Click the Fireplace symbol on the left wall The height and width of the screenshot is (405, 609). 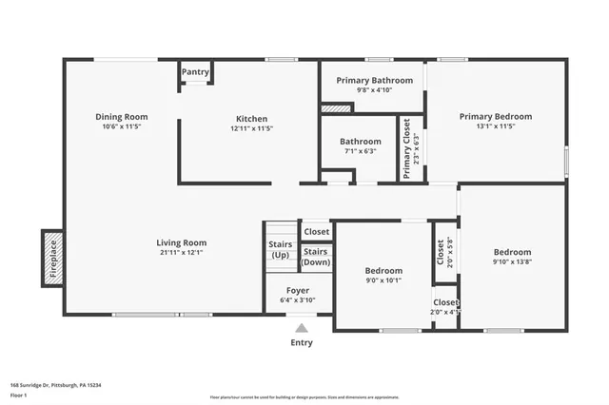52,258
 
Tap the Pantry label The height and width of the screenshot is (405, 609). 195,71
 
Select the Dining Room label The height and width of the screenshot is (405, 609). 121,117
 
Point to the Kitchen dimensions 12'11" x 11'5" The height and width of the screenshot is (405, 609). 251,128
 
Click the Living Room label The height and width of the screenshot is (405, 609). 181,242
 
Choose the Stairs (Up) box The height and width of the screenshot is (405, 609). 281,249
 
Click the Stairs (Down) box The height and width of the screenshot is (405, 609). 316,257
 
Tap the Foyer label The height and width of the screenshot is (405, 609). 298,290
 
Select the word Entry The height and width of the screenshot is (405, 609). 302,342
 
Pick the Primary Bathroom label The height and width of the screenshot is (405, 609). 372,81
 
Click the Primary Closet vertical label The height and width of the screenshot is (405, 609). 406,148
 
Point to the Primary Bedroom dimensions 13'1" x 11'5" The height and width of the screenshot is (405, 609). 495,125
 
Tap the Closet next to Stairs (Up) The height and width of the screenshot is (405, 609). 316,231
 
